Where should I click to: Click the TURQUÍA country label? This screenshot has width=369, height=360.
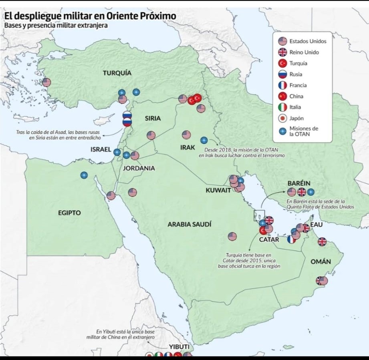click(117, 73)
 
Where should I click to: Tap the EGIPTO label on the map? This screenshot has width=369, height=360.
click(69, 213)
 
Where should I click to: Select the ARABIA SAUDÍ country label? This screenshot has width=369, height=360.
click(189, 224)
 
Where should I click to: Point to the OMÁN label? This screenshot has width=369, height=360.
click(321, 261)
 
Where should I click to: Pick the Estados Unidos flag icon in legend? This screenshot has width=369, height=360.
click(283, 41)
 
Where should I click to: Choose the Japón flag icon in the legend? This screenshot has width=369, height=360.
click(283, 118)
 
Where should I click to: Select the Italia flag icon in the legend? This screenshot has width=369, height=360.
click(283, 107)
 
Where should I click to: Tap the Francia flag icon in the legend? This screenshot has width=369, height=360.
click(283, 85)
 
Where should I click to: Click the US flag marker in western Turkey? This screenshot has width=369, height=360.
click(46, 82)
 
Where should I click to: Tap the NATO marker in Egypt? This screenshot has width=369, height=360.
click(84, 175)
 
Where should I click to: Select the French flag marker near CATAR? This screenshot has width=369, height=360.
click(291, 239)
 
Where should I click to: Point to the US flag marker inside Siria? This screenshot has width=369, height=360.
click(151, 135)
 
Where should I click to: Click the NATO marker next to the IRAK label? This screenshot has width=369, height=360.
click(204, 141)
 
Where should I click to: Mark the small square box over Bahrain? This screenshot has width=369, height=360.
click(259, 215)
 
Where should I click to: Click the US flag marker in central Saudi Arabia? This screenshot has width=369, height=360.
click(232, 236)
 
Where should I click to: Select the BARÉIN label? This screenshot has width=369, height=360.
click(298, 183)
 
